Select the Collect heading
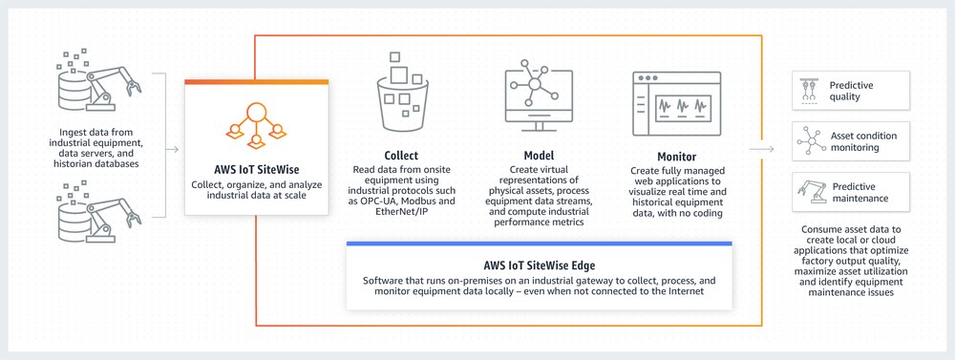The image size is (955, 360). [401, 156]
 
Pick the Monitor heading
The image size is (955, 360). [663, 156]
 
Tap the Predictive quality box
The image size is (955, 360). [851, 91]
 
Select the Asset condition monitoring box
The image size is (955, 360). [851, 141]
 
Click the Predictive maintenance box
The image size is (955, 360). [851, 192]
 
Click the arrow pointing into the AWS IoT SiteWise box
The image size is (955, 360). [172, 149]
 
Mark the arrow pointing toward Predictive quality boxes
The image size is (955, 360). [761, 149]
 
